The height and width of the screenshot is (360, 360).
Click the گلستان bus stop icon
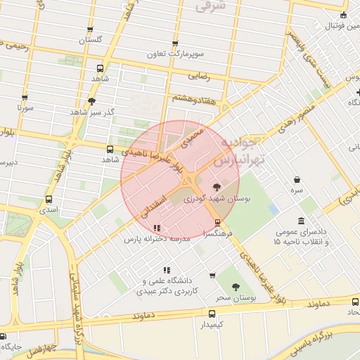coord(89,30)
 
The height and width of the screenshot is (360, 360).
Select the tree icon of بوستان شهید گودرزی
coord(216,186)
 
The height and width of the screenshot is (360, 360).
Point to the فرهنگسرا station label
coord(214,233)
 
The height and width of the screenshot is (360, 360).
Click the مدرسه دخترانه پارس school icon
coord(156,228)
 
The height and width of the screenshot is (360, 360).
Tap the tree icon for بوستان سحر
coord(236,286)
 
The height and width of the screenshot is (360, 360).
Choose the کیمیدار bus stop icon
coord(212,313)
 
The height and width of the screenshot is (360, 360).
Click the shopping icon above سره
coord(297,179)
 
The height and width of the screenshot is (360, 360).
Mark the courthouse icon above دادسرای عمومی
coord(301,221)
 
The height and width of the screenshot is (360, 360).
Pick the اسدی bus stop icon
coord(49,199)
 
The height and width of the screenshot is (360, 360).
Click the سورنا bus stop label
coord(25,109)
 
